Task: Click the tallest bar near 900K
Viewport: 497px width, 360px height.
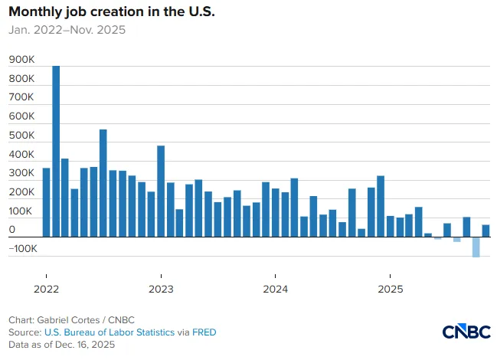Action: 56,151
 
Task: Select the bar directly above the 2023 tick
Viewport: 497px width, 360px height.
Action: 161,191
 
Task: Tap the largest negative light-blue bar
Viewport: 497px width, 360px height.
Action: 476,247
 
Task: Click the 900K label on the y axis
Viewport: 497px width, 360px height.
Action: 21,60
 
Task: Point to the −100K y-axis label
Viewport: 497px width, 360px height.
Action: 23,248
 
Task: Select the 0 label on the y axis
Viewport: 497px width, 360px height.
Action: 12,230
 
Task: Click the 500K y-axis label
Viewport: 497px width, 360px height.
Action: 21,136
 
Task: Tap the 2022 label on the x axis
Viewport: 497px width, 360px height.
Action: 46,289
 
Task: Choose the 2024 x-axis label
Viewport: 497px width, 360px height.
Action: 276,289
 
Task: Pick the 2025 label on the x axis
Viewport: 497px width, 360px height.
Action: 391,289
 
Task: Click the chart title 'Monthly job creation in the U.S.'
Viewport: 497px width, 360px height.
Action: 112,12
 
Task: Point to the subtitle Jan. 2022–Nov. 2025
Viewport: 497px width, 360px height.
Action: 67,30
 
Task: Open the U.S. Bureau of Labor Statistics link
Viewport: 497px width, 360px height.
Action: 110,332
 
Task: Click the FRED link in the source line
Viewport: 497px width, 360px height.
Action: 204,332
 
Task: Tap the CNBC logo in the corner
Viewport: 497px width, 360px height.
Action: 466,332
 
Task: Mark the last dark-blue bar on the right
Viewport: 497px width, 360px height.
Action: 486,231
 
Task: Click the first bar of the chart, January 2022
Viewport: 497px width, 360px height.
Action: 46,202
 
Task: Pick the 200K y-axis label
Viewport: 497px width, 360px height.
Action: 21,192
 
